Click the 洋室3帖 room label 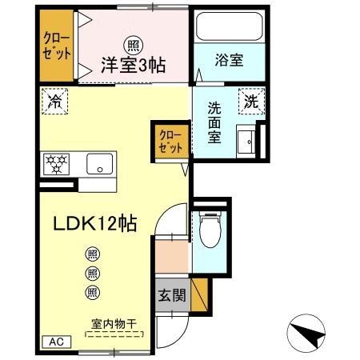pos(133,66)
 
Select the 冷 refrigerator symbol pos(56,101)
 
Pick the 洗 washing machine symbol pos(250,101)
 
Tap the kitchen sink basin pos(101,166)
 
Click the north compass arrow pos(306,331)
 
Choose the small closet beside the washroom pos(170,142)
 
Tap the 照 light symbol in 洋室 pos(129,44)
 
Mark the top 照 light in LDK pos(92,254)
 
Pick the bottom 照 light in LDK pos(92,292)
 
